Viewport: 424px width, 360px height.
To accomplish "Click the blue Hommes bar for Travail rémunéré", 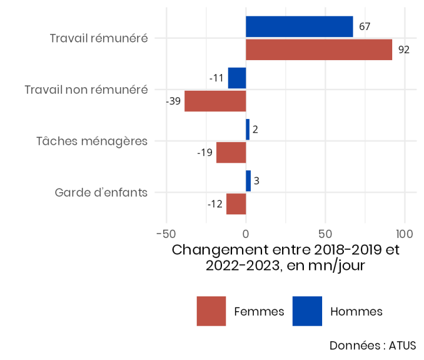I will pyautogui.click(x=299, y=27).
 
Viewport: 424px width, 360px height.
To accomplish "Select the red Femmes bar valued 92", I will pyautogui.click(x=319, y=49).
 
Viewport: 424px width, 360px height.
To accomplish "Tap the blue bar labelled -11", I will pyautogui.click(x=237, y=78).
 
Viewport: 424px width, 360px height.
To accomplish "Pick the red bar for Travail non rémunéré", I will pyautogui.click(x=215, y=101).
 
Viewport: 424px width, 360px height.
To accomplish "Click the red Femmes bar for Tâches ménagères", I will pyautogui.click(x=231, y=153).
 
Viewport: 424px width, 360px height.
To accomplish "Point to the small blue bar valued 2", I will pyautogui.click(x=247, y=130).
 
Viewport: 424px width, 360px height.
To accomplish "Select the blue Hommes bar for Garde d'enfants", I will pyautogui.click(x=248, y=181).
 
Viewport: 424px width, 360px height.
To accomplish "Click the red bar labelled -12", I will pyautogui.click(x=236, y=204).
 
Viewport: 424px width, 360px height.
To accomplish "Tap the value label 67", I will pyautogui.click(x=365, y=27).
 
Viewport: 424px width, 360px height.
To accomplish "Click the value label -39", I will pyautogui.click(x=173, y=101).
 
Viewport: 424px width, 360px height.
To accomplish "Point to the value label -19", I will pyautogui.click(x=204, y=153).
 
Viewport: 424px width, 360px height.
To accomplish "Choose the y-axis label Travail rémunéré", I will pyautogui.click(x=98, y=38).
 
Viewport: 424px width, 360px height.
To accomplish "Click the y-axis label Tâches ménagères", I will pyautogui.click(x=91, y=141).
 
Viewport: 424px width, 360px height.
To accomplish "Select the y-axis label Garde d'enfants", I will pyautogui.click(x=101, y=193).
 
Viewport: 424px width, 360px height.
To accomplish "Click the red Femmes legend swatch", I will pyautogui.click(x=211, y=311).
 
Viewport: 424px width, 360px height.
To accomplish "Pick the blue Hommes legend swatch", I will pyautogui.click(x=307, y=311).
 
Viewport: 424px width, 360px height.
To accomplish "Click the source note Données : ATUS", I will pyautogui.click(x=372, y=345).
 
